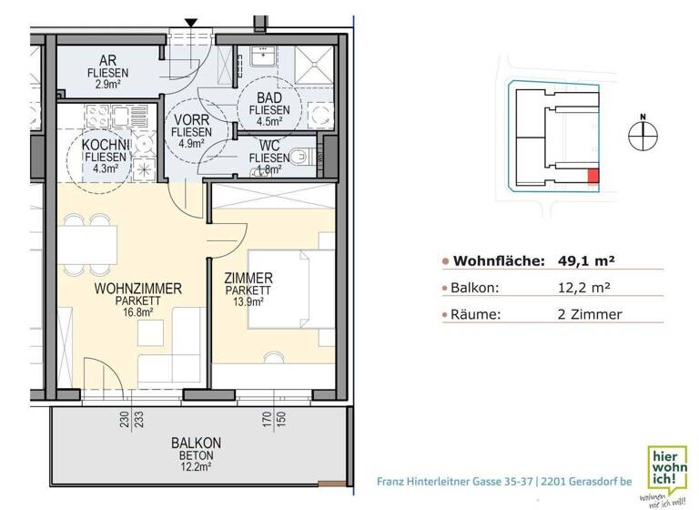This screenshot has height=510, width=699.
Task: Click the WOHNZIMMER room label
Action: pos(138,289)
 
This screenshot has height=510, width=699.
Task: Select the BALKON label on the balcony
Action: pos(196,444)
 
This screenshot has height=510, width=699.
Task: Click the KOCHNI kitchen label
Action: pos(106,145)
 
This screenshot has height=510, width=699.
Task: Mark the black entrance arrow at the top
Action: pos(191,21)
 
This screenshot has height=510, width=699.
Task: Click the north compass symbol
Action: pos(642,134)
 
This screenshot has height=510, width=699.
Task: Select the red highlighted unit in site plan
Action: pos(593,177)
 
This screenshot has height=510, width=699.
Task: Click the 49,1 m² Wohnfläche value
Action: pos(585,260)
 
